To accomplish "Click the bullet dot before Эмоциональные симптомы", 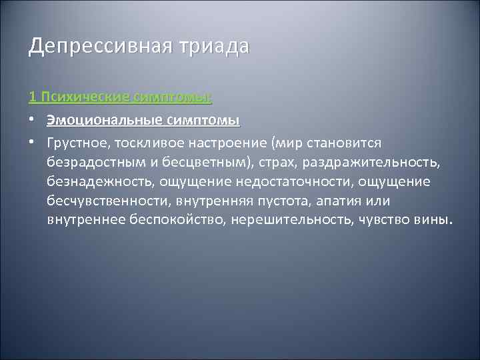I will click(33, 121).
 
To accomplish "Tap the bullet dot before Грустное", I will click(33, 144).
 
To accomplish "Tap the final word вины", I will click(433, 220).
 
